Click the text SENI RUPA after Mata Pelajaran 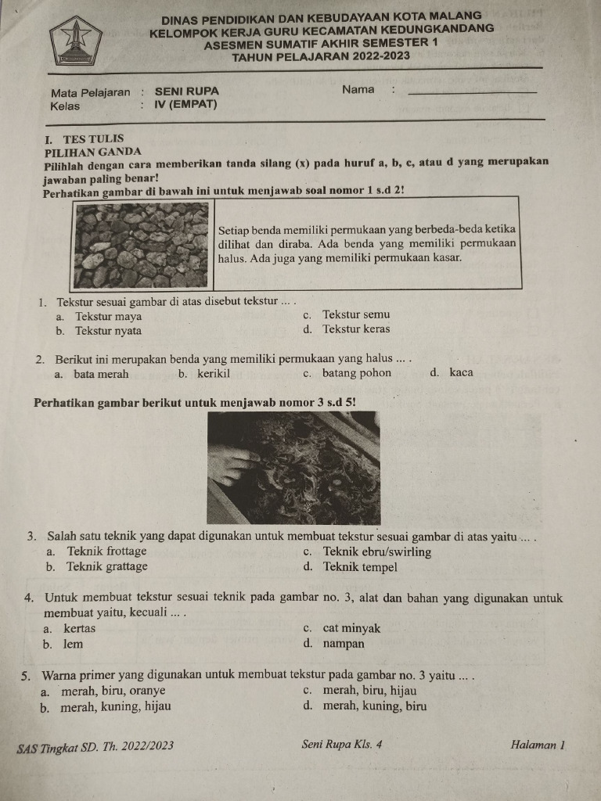(187, 91)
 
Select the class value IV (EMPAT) (186, 104)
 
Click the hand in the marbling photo (232, 464)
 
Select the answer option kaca (461, 373)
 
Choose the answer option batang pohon (356, 373)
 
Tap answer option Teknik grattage (106, 566)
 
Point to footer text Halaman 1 (537, 745)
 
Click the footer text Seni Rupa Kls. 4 (341, 744)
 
